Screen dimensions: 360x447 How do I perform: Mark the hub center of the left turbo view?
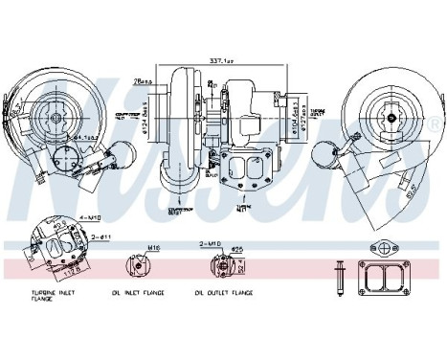point(58,117)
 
